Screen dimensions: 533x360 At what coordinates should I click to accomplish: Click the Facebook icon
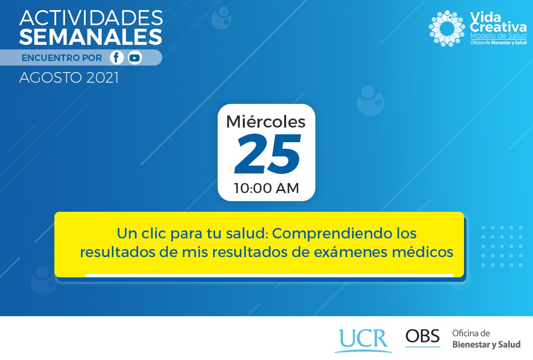coord(116,58)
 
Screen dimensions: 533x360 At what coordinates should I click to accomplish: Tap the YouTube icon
coord(135,58)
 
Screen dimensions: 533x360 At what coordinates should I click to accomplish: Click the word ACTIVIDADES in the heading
coord(91,18)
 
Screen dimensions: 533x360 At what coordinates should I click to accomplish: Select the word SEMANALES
coord(90,37)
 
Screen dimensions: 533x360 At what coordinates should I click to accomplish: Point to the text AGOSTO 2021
coord(69,78)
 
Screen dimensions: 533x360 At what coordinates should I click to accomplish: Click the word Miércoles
coord(266,122)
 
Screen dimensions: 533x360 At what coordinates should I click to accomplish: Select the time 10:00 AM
coord(266,188)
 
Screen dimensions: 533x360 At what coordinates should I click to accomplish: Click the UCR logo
coord(363,340)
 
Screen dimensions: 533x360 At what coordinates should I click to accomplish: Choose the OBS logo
coord(423,337)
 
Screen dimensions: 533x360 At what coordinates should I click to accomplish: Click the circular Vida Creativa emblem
coord(447,28)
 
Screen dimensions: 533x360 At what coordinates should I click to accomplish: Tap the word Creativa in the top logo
coord(498,27)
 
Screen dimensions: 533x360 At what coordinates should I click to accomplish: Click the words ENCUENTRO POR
coord(61,58)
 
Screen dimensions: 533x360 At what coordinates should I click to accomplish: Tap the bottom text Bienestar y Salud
coord(486,344)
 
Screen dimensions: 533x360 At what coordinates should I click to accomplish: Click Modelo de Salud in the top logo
coord(498,36)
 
